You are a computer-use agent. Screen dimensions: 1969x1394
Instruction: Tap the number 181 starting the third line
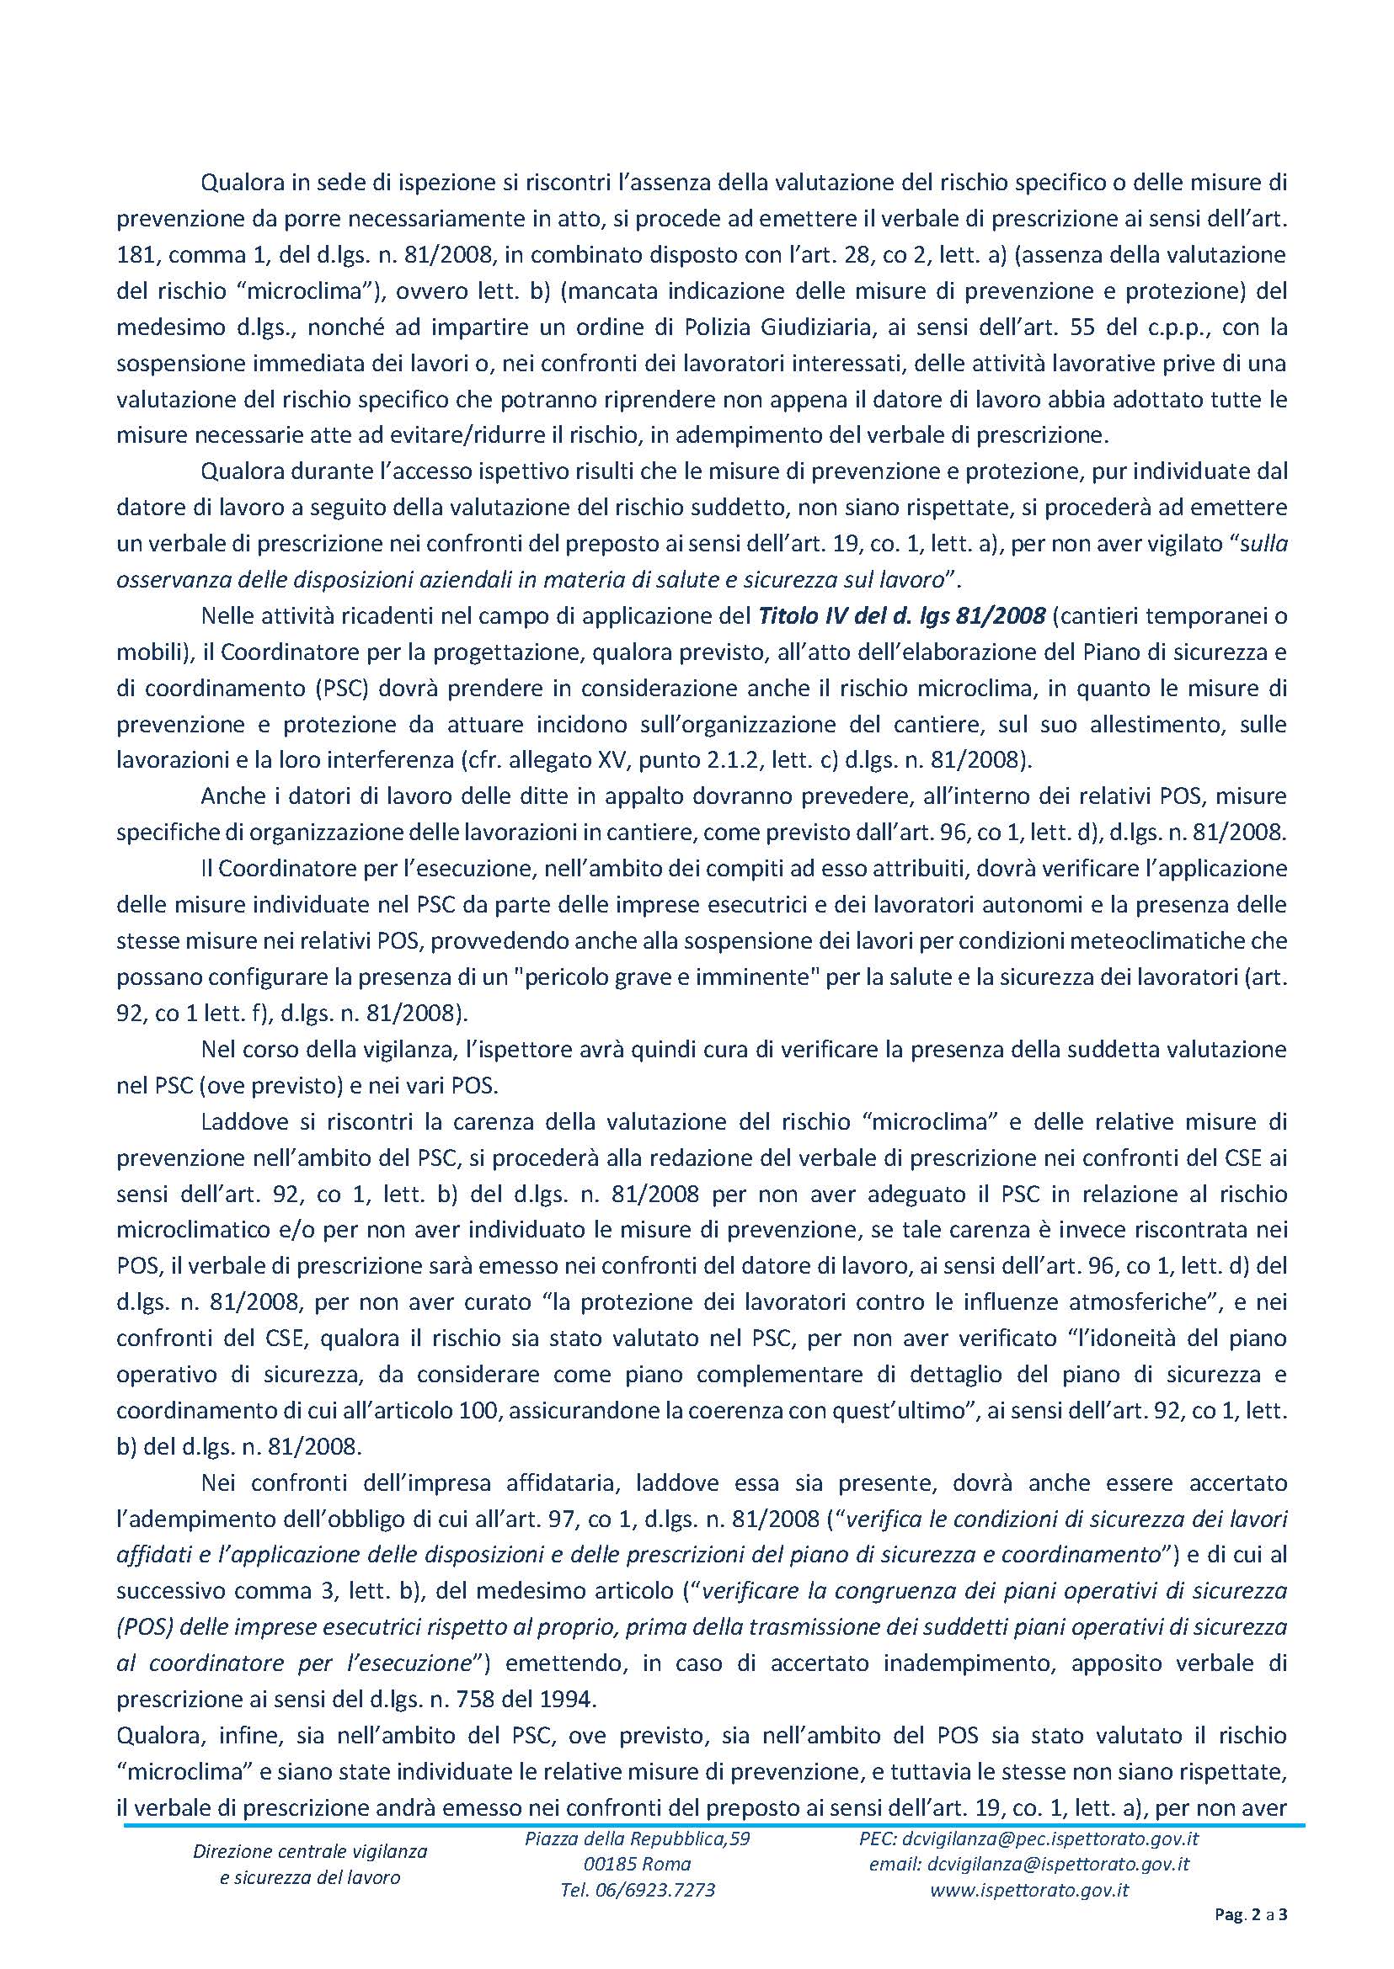pos(133,255)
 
